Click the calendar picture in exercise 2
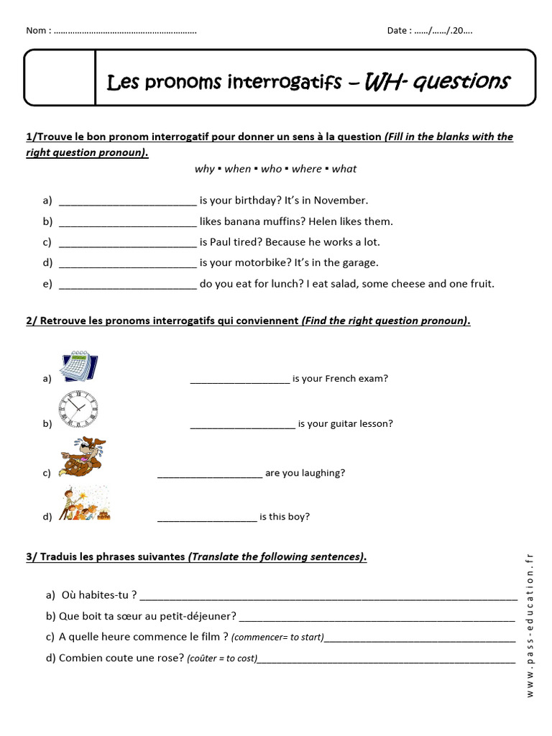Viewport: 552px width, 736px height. (x=78, y=367)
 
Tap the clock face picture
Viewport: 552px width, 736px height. (x=78, y=409)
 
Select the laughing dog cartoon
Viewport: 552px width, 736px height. (x=80, y=456)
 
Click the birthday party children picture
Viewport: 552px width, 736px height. (x=84, y=502)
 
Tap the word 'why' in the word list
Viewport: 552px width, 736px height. (x=204, y=169)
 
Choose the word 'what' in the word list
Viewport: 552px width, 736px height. (x=344, y=169)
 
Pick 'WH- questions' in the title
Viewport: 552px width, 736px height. (x=437, y=82)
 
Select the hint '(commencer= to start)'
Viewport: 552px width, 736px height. (x=277, y=638)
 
